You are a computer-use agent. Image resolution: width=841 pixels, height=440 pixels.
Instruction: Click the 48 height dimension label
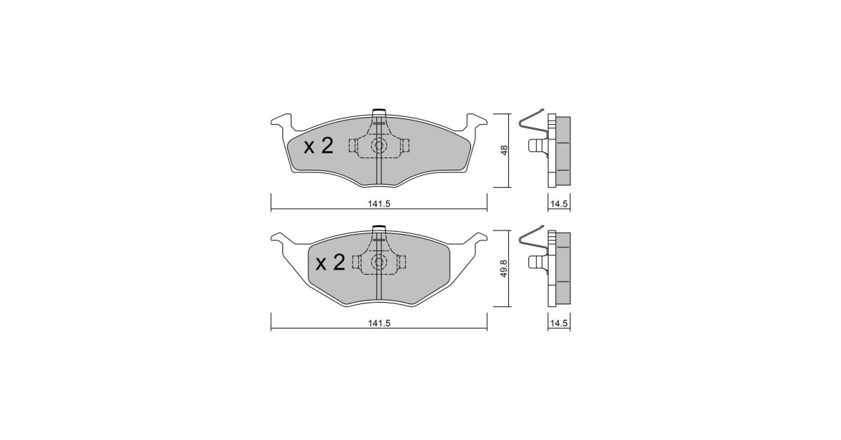click(x=504, y=150)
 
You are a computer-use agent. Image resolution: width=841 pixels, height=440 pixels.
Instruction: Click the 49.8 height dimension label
click(x=504, y=269)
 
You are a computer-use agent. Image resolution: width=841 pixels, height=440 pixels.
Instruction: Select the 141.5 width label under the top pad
click(x=379, y=204)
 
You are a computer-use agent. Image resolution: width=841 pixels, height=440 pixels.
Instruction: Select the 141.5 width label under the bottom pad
click(x=379, y=323)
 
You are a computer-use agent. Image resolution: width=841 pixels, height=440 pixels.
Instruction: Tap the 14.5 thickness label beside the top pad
click(x=559, y=204)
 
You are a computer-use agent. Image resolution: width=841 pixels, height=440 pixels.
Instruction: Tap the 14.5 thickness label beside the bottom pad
click(x=559, y=323)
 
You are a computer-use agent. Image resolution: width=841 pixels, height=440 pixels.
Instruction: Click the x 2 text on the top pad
click(x=318, y=146)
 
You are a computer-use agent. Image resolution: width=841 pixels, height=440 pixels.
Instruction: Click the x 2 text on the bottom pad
click(x=330, y=263)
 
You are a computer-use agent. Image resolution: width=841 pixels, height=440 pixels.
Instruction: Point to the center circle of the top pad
click(x=379, y=145)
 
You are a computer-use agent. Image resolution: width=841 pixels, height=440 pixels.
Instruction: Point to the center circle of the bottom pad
click(x=379, y=261)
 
